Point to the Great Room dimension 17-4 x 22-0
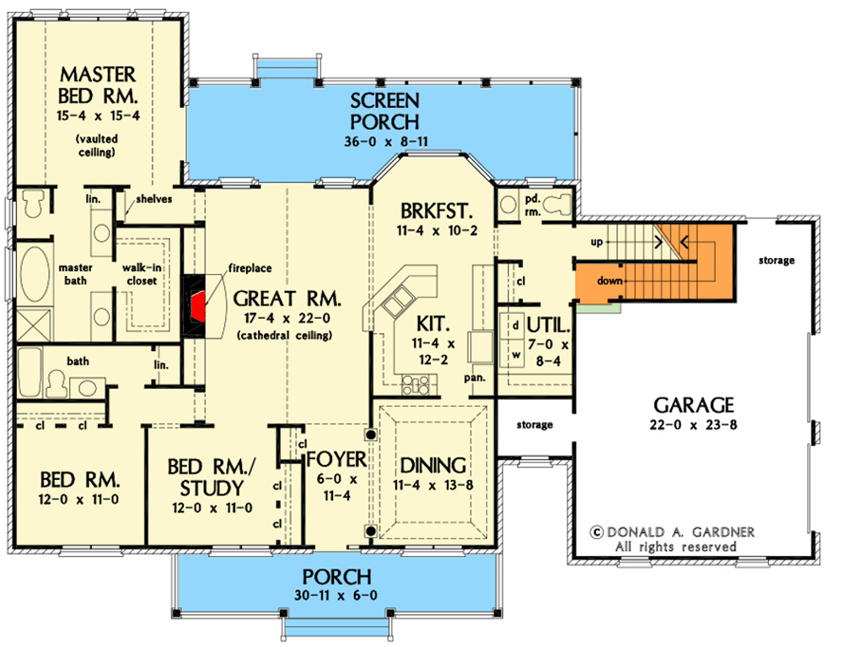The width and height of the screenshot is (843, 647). coord(287,318)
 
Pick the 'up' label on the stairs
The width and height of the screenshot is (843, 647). coord(596,241)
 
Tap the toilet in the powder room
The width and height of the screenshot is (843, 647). coord(556,202)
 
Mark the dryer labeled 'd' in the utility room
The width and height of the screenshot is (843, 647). coord(513,325)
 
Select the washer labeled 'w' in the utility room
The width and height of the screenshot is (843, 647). coord(513,354)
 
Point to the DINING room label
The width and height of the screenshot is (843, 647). coord(433,465)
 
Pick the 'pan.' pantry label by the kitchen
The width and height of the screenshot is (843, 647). coord(476,378)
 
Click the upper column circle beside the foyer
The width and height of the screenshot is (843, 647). coord(369,435)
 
